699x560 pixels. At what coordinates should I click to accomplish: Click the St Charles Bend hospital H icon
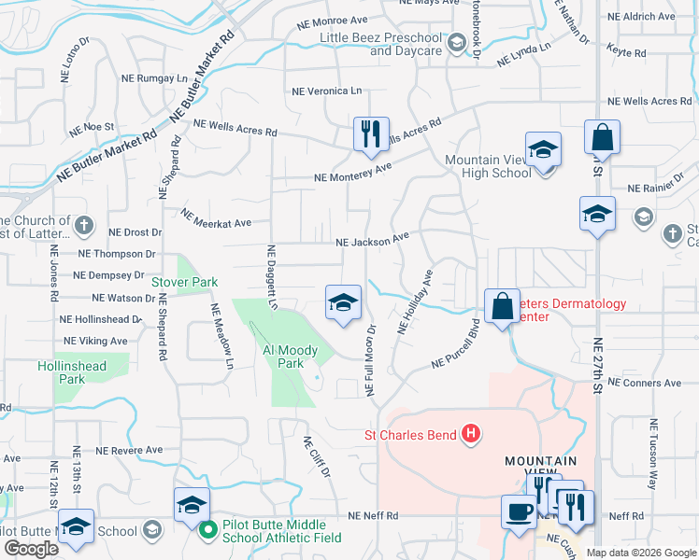click(472, 434)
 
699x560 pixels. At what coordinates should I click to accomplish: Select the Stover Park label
click(184, 281)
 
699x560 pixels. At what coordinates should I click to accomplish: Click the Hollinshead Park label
click(72, 372)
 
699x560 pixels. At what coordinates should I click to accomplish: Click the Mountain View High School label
click(488, 166)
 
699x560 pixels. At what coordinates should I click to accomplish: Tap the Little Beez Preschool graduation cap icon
click(457, 43)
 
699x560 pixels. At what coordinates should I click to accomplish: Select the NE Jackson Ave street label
click(373, 241)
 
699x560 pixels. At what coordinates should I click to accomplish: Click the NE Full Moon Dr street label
click(370, 357)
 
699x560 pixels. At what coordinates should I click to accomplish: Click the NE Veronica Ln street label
click(326, 91)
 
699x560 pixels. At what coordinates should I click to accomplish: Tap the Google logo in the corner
click(31, 549)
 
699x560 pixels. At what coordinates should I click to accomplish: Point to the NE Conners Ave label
click(645, 383)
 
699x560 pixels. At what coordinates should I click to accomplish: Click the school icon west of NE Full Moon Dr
click(343, 301)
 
